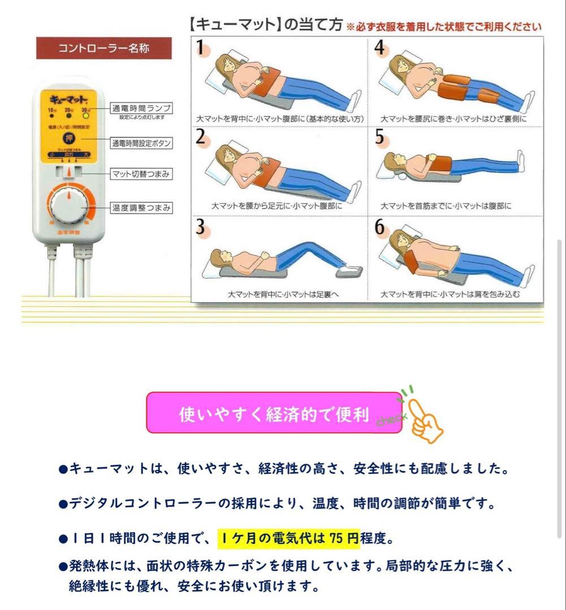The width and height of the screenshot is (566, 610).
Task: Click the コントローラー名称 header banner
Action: [96, 48]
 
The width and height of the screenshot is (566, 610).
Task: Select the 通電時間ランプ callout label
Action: [141, 107]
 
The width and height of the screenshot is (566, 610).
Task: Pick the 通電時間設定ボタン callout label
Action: [141, 143]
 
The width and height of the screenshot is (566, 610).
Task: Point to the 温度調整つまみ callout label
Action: [141, 208]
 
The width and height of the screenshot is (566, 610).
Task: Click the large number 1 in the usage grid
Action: [200, 47]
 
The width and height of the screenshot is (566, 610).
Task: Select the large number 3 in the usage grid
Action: [200, 228]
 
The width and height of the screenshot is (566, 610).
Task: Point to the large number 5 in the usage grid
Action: [379, 137]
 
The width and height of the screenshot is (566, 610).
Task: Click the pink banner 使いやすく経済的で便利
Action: [274, 416]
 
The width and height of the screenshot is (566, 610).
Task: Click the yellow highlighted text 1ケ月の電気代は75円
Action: [288, 538]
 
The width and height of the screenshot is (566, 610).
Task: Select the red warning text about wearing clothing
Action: [444, 27]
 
